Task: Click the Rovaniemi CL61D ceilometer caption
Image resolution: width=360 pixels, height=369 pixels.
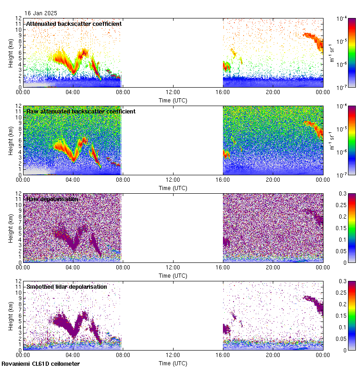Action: click(x=41, y=364)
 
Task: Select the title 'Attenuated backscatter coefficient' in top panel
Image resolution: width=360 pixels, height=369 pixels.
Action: click(x=74, y=24)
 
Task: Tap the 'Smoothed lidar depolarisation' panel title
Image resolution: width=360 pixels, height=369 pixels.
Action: click(x=66, y=286)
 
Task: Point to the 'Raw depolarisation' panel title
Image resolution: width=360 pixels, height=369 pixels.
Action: click(x=52, y=199)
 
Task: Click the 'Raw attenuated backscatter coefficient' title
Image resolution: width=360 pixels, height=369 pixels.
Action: click(x=81, y=111)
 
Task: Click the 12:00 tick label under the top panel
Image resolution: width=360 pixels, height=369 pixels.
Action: click(x=173, y=92)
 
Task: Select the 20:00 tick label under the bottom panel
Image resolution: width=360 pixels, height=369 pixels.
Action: click(x=273, y=355)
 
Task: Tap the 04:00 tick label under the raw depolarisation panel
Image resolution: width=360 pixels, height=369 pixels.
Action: click(x=73, y=267)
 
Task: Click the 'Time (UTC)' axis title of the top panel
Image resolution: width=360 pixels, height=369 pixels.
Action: click(x=173, y=100)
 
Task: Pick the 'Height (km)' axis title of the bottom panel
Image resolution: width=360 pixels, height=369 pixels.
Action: click(x=11, y=315)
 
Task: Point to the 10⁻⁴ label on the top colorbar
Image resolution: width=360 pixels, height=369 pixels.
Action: click(x=342, y=18)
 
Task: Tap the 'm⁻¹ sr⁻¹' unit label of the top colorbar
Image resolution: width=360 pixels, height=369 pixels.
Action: click(x=332, y=53)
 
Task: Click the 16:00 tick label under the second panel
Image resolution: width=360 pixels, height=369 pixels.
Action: click(x=223, y=179)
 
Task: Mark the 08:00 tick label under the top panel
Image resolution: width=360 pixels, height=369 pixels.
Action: click(x=123, y=92)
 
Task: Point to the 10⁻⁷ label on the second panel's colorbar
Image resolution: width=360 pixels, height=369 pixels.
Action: click(x=342, y=174)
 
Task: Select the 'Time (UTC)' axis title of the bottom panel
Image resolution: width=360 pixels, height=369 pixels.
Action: click(x=173, y=363)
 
